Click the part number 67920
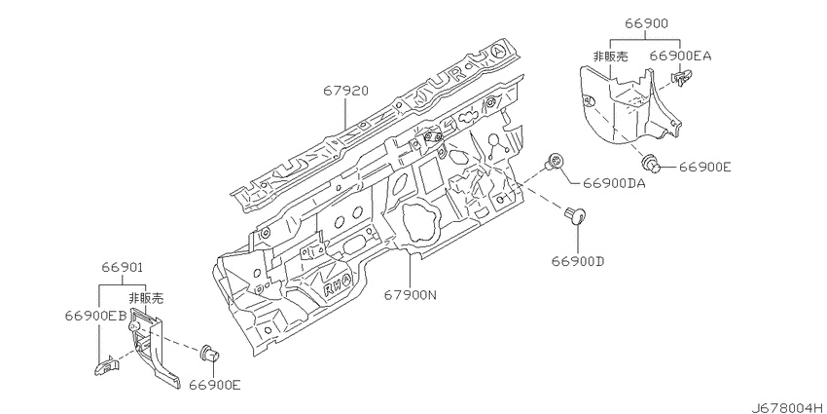(345, 92)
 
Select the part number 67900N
(410, 296)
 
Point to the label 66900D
(578, 261)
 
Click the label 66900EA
(680, 56)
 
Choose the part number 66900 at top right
(647, 23)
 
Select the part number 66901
(123, 268)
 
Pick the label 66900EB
(96, 316)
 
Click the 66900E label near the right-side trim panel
(704, 167)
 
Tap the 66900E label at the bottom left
(215, 385)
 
